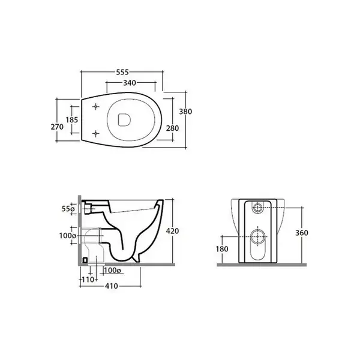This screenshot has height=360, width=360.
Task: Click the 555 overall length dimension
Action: (x=122, y=72)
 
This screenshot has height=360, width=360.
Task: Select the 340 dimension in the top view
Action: (x=130, y=83)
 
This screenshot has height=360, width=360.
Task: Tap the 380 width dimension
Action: (x=185, y=112)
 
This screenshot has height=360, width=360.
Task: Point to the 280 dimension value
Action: (x=172, y=128)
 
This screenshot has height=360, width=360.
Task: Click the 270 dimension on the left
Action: (x=57, y=127)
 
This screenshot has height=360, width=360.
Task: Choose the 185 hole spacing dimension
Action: (x=72, y=119)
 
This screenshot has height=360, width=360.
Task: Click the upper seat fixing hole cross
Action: (x=96, y=107)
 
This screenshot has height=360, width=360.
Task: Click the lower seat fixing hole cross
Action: (x=96, y=133)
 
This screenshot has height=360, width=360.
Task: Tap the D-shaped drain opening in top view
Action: (x=124, y=120)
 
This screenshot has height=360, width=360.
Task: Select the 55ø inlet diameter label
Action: (x=68, y=209)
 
